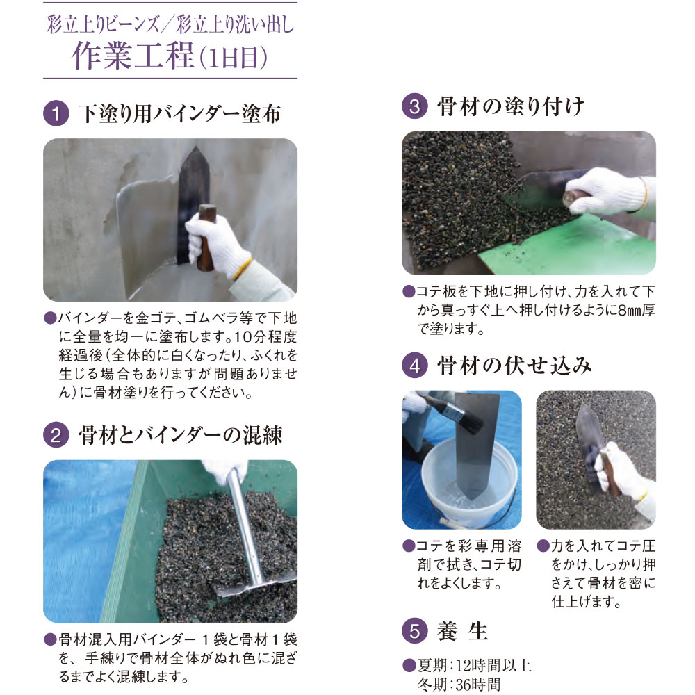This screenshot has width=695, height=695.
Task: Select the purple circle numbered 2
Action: coord(55,436)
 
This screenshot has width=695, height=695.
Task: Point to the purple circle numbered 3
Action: coord(414,108)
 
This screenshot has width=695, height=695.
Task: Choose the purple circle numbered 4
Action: coord(414,366)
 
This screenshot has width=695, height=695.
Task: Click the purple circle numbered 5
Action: coord(414,631)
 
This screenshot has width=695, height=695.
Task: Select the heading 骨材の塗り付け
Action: coord(510,107)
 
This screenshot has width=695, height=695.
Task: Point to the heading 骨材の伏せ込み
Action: coord(510,366)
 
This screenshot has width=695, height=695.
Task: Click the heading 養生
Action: coord(463,631)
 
